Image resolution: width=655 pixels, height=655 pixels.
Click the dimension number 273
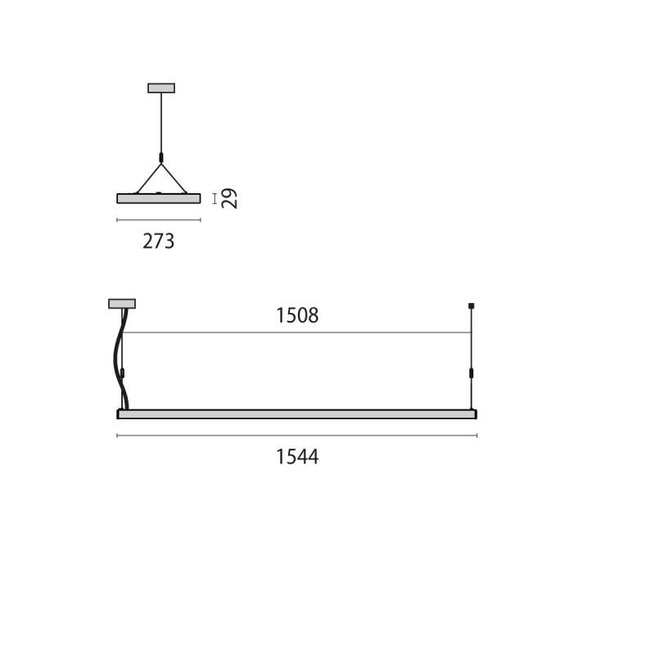(159, 242)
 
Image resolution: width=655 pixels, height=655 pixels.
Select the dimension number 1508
(296, 315)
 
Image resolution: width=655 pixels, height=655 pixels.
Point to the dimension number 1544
(296, 457)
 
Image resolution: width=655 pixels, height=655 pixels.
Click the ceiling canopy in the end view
(161, 88)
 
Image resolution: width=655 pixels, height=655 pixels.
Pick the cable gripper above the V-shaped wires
(161, 156)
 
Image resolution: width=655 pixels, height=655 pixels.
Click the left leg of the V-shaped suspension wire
(148, 178)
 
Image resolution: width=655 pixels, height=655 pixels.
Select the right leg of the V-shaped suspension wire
(174, 178)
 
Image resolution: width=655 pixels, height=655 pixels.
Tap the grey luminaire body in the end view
(159, 198)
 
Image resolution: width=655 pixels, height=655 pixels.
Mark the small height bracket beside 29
(215, 198)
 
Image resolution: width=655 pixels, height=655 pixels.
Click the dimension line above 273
(159, 220)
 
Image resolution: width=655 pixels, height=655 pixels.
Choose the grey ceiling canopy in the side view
(122, 304)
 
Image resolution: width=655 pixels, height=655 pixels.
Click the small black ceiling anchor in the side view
(472, 305)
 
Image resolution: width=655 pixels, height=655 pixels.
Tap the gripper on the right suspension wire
(472, 374)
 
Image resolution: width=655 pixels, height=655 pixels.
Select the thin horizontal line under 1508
(296, 332)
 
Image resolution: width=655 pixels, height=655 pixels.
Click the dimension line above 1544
(296, 436)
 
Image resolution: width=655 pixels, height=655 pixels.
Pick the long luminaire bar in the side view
(296, 413)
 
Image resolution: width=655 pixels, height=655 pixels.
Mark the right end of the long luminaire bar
(474, 413)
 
